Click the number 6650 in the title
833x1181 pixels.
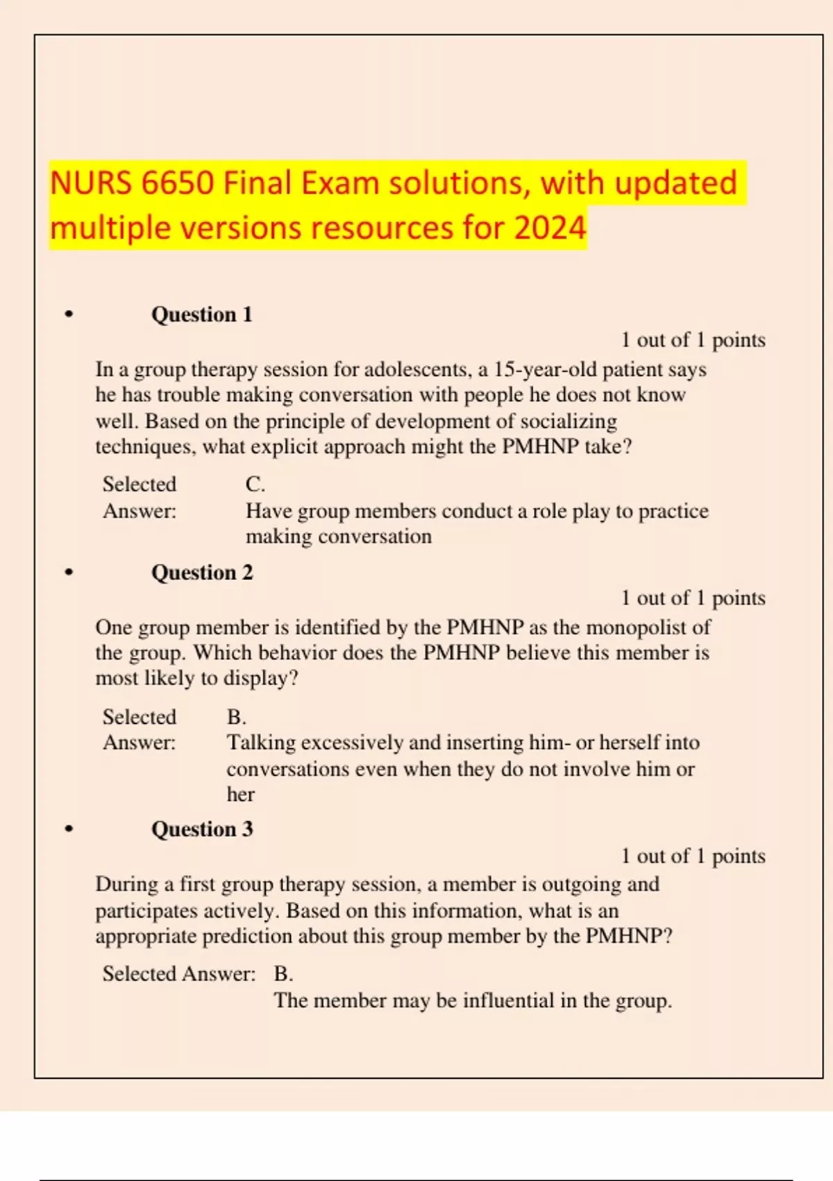[177, 183]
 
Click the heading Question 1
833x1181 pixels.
[201, 315]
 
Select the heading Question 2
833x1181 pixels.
[202, 572]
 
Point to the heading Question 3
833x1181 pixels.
[202, 829]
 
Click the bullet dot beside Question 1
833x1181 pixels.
[68, 315]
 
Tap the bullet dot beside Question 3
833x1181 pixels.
[68, 829]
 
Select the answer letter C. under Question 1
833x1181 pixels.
[255, 484]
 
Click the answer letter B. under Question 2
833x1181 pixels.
[236, 717]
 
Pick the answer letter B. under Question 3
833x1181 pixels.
[283, 974]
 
